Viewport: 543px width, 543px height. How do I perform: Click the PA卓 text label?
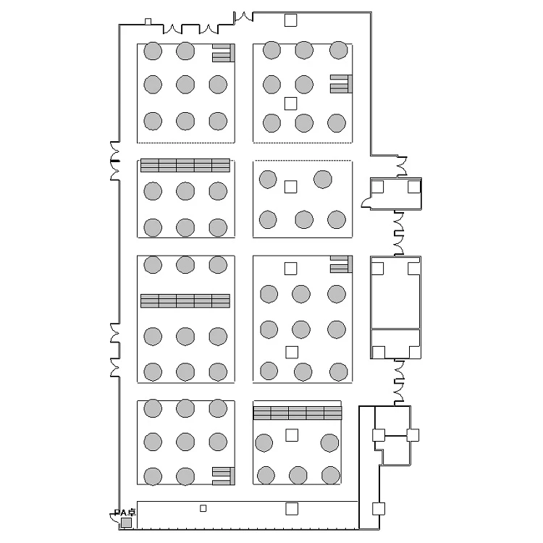125,513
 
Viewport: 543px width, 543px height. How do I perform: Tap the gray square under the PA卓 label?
126,523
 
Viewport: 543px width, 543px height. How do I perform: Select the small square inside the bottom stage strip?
203,508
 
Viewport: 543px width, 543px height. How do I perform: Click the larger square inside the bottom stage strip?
292,509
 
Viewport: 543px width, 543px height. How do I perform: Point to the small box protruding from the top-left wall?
148,22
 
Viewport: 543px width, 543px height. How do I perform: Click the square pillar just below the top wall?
290,20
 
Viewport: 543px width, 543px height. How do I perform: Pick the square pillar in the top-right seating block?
290,104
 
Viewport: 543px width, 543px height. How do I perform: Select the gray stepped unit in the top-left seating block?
224,53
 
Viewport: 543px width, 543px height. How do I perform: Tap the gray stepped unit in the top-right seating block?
341,84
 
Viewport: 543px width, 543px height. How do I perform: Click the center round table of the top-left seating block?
185,85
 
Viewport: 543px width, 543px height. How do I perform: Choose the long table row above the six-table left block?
185,165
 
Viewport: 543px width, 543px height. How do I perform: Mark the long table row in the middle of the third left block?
185,300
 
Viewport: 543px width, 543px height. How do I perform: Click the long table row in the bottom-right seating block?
298,413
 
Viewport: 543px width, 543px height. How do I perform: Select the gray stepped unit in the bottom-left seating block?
224,476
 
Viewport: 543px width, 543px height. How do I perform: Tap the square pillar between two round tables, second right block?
290,187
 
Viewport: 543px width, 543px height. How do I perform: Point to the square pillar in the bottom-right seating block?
292,435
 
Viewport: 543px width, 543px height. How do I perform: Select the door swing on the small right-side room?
366,203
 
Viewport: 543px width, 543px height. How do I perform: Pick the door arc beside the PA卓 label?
113,517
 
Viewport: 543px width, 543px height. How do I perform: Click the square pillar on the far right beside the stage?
379,509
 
